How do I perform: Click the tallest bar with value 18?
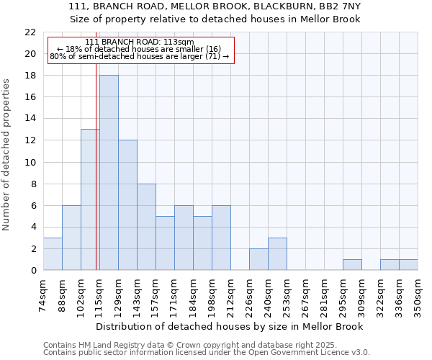tap(109, 173)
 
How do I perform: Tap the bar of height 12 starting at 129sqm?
tap(127, 205)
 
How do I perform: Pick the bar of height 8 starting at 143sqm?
tap(146, 227)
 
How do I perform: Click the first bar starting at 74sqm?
tap(53, 253)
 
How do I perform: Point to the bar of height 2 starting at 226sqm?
tap(258, 259)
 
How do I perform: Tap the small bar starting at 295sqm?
tap(352, 264)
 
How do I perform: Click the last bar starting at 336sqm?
tap(408, 264)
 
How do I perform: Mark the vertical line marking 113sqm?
tap(96, 180)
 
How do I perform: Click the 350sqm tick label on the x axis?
tap(418, 295)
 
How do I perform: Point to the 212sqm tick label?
tap(231, 295)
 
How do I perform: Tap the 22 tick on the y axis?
tap(30, 32)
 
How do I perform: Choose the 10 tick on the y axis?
tap(30, 162)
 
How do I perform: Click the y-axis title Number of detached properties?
tap(7, 155)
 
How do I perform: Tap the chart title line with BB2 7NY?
tap(220, 6)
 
